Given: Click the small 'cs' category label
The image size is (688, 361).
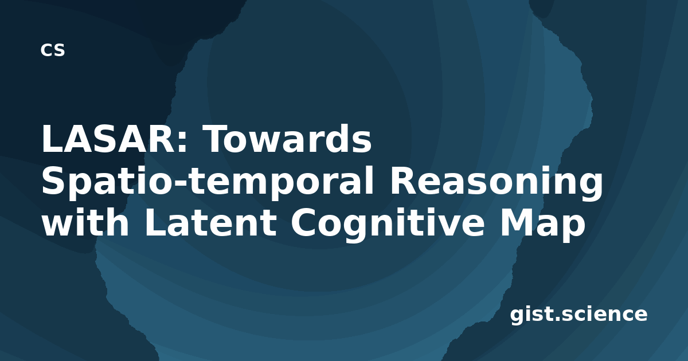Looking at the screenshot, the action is (53, 50).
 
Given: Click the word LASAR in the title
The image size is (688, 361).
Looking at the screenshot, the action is (108, 139).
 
